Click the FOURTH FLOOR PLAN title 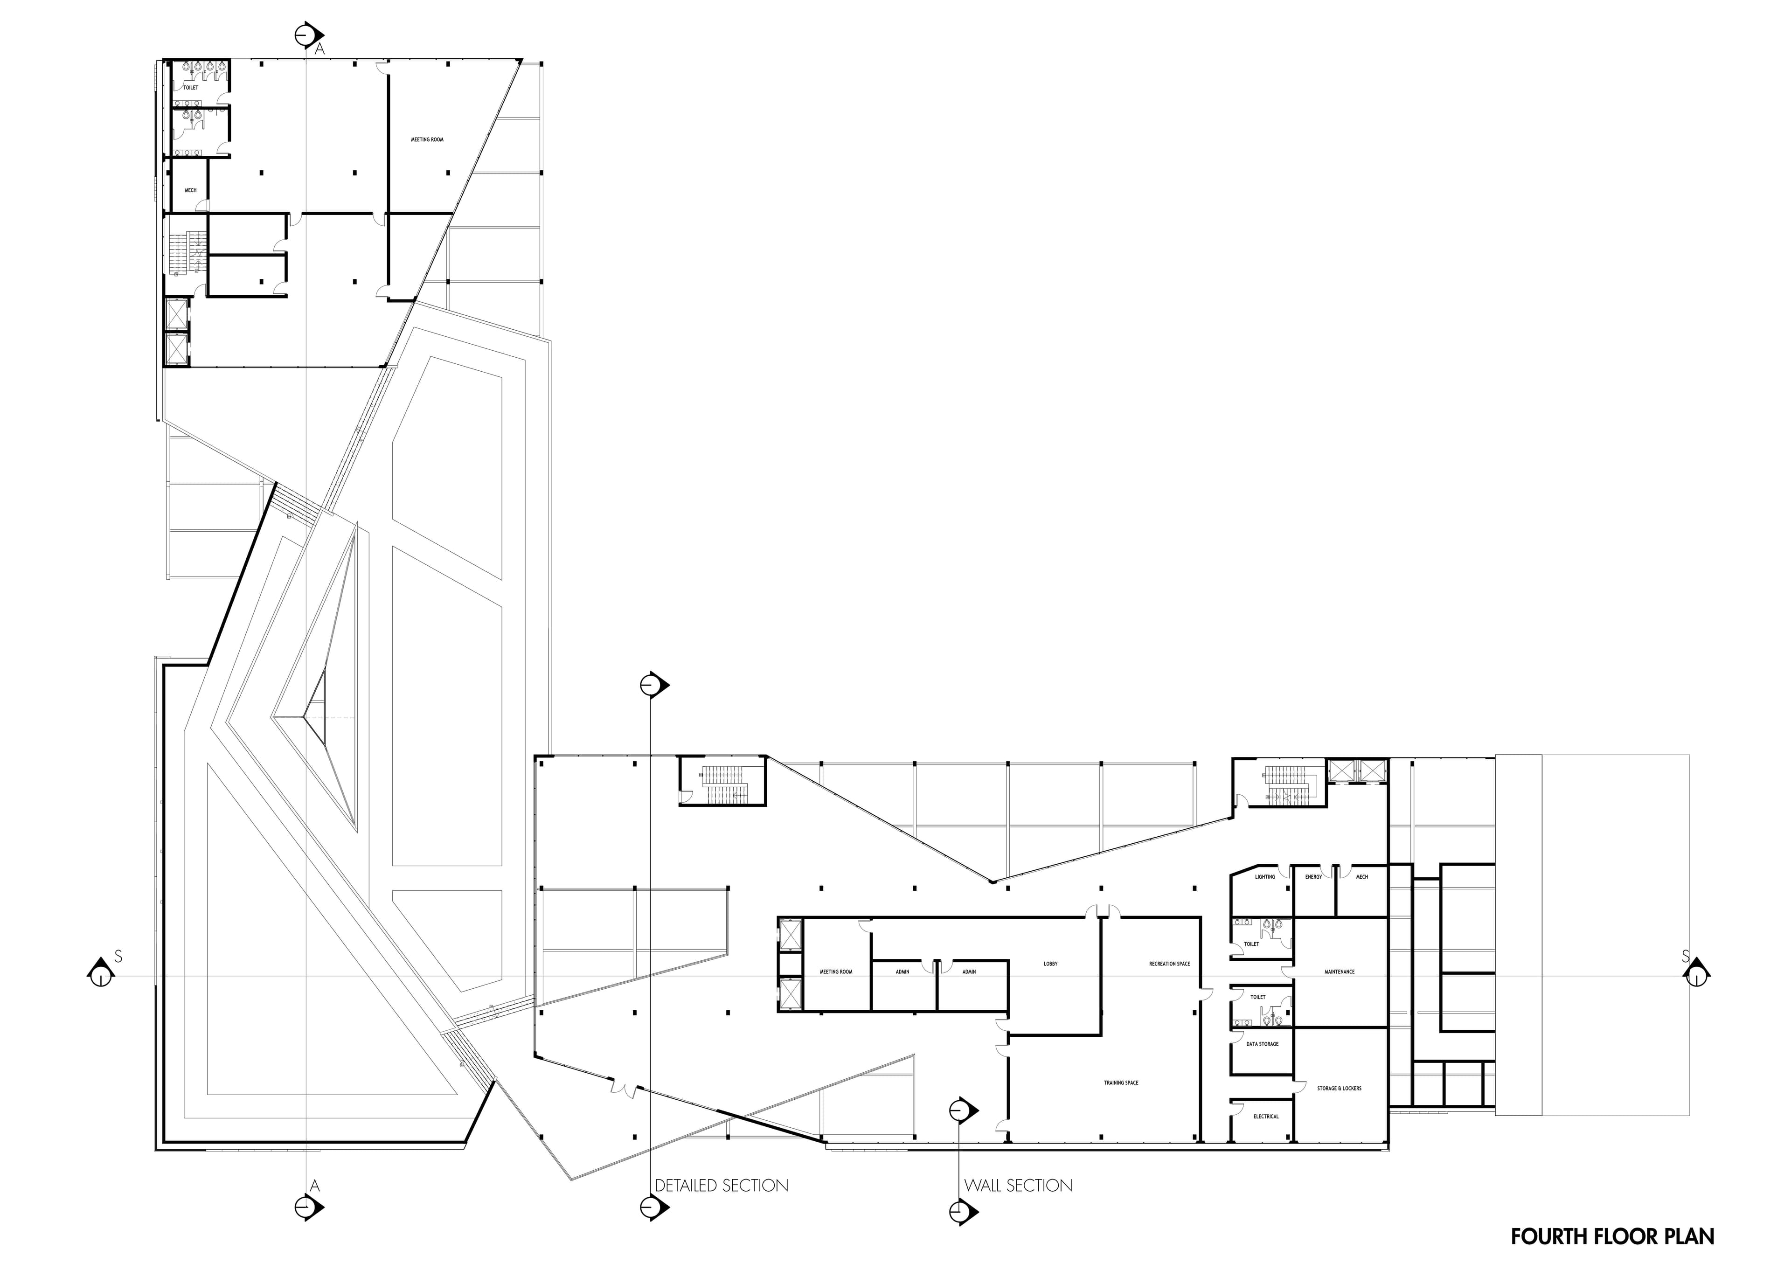[1612, 1236]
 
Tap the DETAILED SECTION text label [722, 1186]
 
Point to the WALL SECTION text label [1018, 1186]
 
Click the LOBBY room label [1051, 964]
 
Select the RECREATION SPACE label [1169, 964]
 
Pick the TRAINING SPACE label [1121, 1083]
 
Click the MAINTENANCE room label [1340, 972]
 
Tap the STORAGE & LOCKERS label [1340, 1088]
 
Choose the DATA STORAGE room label [1262, 1044]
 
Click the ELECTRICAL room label [1266, 1117]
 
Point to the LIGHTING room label [1265, 877]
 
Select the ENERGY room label [1313, 877]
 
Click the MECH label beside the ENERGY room [1362, 877]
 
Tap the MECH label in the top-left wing [190, 190]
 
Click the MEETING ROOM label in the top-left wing [428, 139]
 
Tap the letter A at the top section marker [319, 49]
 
